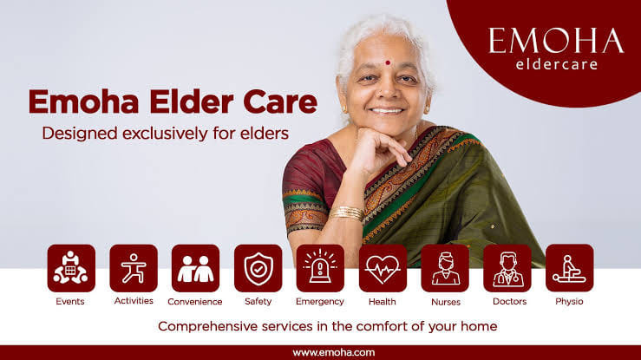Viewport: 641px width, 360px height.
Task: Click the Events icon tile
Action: coord(71,268)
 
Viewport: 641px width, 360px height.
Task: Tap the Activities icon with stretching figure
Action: coord(134,268)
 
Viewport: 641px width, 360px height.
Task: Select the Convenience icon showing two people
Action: coord(195,268)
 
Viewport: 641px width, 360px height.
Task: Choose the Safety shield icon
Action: coord(258,268)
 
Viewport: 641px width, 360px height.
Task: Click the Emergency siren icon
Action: coord(320,268)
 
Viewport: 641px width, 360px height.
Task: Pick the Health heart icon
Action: coord(383,268)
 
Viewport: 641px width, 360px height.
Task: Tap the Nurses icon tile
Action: coord(445,268)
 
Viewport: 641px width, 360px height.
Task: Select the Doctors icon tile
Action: coord(507,268)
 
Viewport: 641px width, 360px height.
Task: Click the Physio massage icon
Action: coord(569,268)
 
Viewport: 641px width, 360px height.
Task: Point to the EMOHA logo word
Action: coord(555,41)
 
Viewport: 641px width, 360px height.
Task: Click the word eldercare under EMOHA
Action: coord(556,64)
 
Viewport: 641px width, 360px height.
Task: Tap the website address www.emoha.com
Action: coord(320,352)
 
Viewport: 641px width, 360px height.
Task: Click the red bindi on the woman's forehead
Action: coord(387,62)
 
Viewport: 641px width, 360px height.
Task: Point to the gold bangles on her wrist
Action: coord(347,213)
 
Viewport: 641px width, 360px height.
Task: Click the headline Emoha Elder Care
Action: coord(173,101)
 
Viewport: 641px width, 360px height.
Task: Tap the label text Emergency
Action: coord(320,302)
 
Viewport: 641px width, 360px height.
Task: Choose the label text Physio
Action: coord(569,302)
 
